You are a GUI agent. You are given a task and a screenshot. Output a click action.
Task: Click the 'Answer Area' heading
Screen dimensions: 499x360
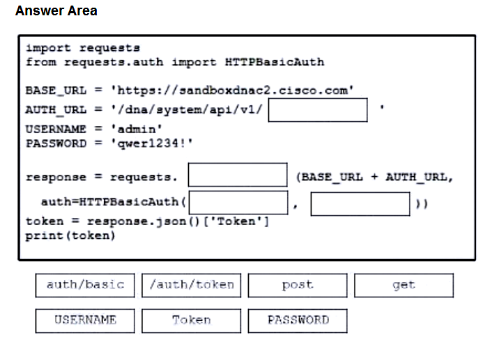(56, 11)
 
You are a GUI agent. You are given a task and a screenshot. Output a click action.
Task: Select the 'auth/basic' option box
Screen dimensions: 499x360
(85, 285)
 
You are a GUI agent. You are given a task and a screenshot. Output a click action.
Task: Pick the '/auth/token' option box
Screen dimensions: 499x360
(191, 285)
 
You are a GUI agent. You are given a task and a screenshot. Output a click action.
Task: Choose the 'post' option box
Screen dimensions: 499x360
(298, 285)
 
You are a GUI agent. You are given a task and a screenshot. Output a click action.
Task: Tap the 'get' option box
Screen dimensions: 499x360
(404, 285)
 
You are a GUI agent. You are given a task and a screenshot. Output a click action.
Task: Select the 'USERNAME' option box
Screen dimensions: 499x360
(85, 320)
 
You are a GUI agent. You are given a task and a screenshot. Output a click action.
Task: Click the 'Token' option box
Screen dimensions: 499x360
(191, 320)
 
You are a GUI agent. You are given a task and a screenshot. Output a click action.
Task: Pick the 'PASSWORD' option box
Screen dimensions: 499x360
(298, 320)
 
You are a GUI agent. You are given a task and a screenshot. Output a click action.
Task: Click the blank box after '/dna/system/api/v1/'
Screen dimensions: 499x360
(318, 110)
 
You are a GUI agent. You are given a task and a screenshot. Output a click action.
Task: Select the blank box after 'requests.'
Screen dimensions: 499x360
(238, 175)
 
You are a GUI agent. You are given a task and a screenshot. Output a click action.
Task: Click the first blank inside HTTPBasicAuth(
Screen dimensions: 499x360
(238, 203)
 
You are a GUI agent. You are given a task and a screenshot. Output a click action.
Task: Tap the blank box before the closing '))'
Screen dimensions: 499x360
(360, 204)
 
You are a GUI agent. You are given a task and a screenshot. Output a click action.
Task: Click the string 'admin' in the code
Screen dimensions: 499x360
(137, 129)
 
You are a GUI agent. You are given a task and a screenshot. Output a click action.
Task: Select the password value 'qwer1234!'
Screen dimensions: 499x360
(152, 143)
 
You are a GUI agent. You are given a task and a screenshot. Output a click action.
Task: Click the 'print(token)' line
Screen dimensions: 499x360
(70, 235)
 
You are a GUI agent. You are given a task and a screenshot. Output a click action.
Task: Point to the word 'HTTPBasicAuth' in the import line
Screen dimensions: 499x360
(275, 62)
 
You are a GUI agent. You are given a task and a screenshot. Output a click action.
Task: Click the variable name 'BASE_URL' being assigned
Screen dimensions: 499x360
(56, 91)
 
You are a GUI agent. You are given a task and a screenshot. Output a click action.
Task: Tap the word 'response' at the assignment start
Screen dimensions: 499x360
(56, 177)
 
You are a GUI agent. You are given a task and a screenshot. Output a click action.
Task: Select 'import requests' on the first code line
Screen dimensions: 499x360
(83, 48)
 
